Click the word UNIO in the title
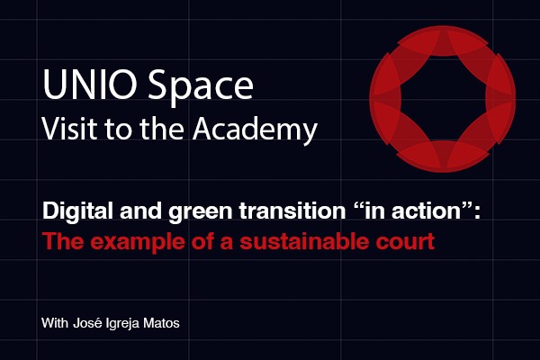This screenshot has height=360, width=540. (x=90, y=85)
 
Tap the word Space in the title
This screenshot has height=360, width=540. (x=201, y=87)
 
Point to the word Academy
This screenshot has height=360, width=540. (x=255, y=130)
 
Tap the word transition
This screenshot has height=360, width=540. (x=292, y=211)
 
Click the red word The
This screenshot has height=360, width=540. (x=63, y=241)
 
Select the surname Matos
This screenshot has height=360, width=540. (x=161, y=323)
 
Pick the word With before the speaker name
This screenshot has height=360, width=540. (x=55, y=323)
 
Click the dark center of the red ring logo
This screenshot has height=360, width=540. (x=443, y=98)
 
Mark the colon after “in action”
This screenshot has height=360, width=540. (x=477, y=213)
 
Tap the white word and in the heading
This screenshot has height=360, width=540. (x=141, y=211)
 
